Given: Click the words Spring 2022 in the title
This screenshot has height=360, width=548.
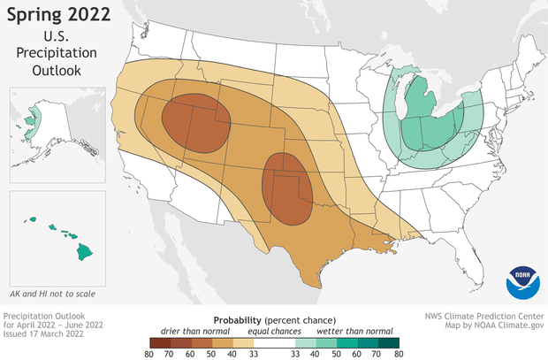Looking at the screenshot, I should (63, 15).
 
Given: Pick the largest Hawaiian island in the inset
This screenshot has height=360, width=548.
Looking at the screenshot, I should (84, 251).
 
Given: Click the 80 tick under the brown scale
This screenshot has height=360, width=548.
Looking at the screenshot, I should (148, 351).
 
